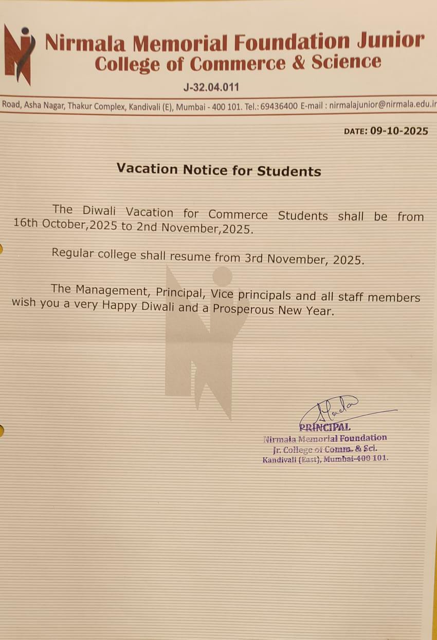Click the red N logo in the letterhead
(19, 54)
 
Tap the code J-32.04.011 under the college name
(211, 87)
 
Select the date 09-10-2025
(399, 131)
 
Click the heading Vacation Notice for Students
(219, 170)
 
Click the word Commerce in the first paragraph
(238, 215)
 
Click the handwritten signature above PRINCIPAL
(334, 409)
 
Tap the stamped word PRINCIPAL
(325, 427)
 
